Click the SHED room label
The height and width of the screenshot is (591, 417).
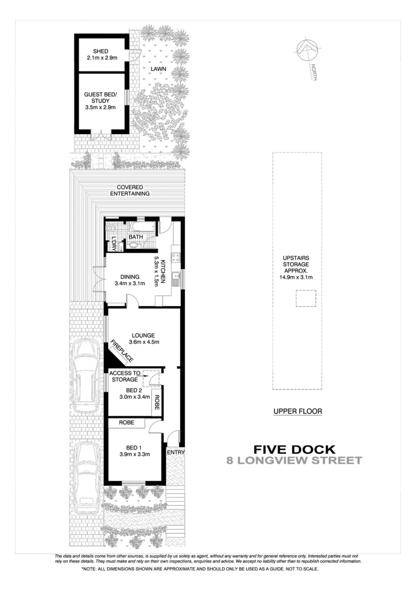point(101,51)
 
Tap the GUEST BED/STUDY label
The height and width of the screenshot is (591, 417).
point(100,101)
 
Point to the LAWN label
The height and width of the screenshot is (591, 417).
point(158,69)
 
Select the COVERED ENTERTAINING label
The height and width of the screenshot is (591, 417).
point(129,191)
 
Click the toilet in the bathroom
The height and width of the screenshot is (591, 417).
point(112,228)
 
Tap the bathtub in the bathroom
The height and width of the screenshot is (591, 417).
point(143,227)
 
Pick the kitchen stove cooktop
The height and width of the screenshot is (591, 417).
point(176,257)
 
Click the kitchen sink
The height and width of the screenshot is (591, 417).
point(176,279)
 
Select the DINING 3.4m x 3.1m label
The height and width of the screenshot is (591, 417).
point(130,280)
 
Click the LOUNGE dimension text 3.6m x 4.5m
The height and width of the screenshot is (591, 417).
point(144,342)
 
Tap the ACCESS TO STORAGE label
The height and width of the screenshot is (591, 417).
point(125,376)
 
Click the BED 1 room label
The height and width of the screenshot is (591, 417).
point(134,448)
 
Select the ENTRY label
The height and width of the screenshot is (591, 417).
point(176,452)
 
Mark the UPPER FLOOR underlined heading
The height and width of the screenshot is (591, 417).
point(298,411)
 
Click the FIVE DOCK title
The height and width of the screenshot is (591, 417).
point(295,450)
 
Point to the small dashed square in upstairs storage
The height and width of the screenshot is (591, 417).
point(305,298)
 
